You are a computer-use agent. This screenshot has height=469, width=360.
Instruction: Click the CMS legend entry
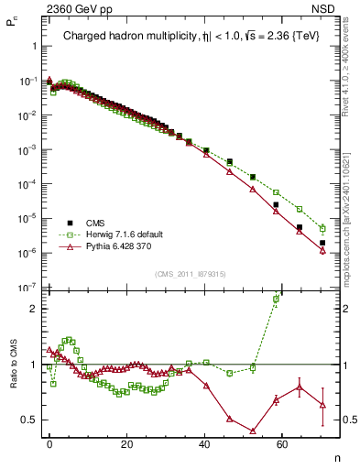(x=94, y=223)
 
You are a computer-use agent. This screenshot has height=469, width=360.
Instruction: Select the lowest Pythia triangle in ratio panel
(x=252, y=431)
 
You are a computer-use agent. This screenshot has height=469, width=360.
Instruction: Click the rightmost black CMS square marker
(x=322, y=243)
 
